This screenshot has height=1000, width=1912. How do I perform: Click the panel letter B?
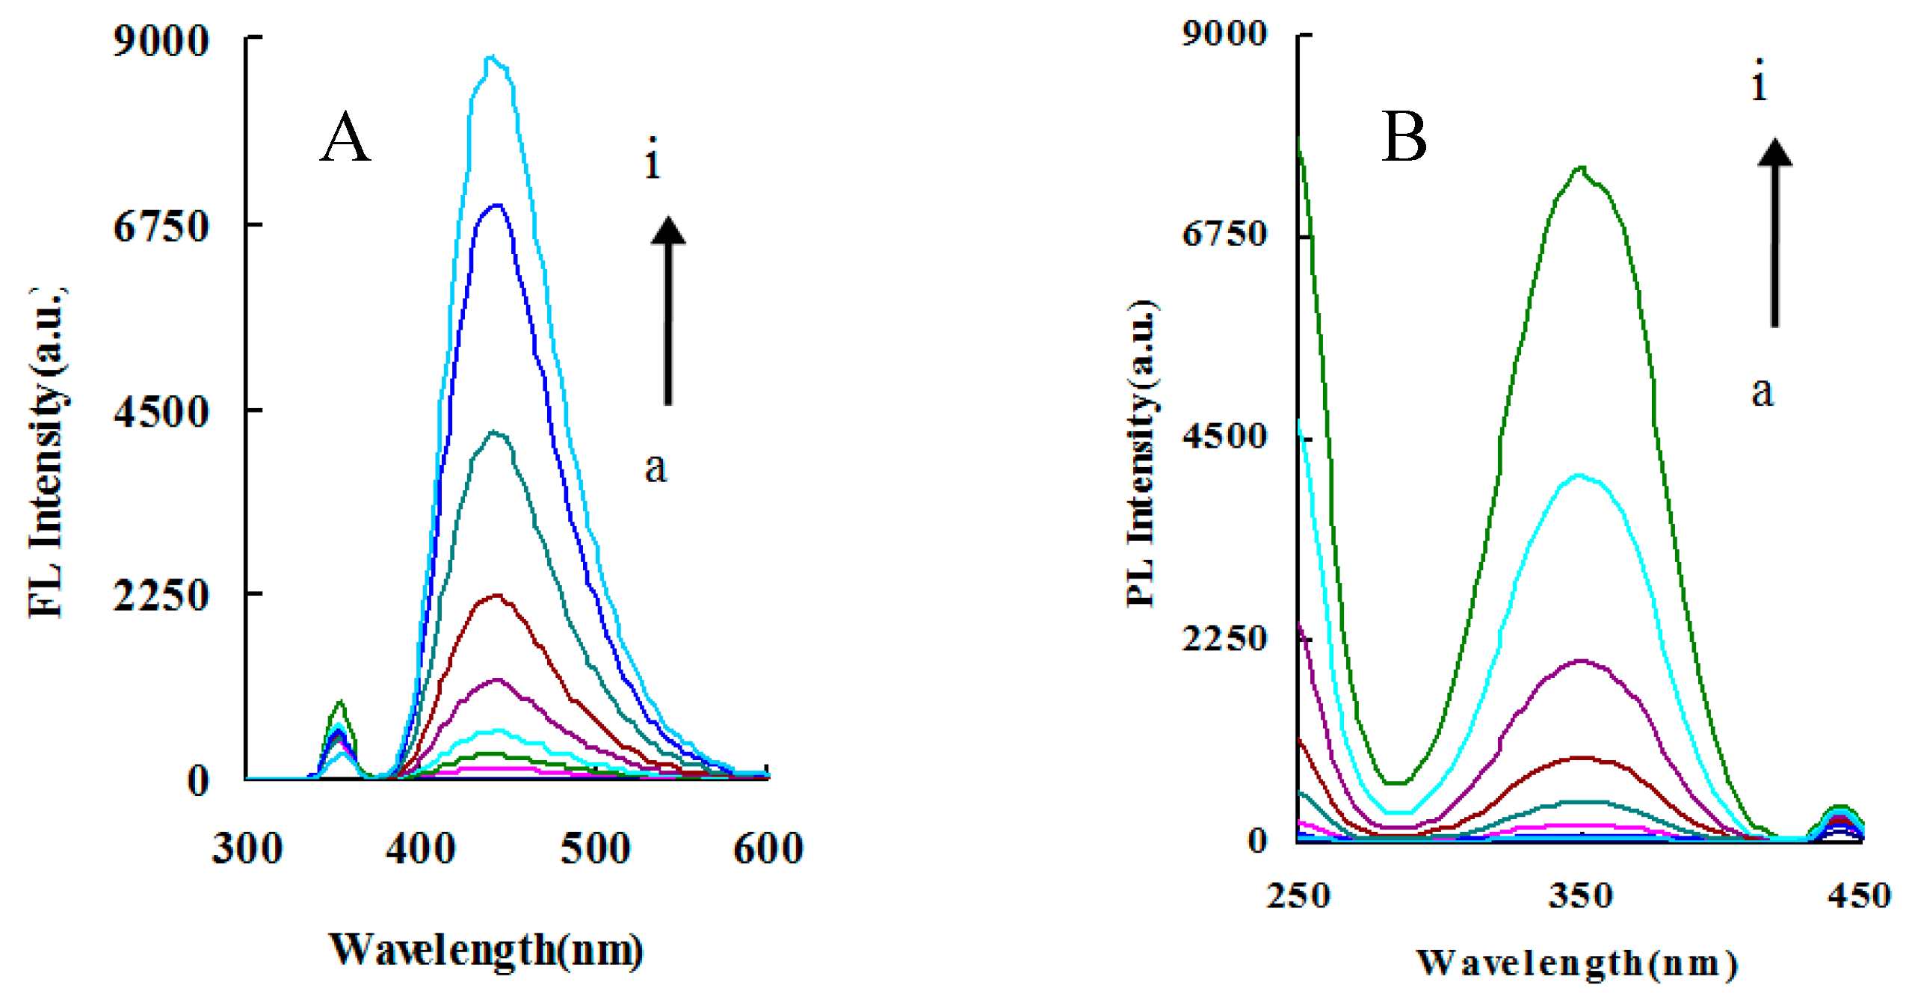pos(1404,138)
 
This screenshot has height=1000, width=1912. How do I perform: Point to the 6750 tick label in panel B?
pos(1224,234)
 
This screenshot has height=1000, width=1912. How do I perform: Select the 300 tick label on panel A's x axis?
pos(247,849)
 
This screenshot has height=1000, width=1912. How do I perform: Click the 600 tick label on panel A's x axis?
pos(768,849)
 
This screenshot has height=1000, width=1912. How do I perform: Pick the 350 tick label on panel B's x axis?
pos(1580,895)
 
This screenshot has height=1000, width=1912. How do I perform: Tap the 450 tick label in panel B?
pos(1859,895)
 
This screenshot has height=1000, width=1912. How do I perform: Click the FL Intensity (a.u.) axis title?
pos(46,452)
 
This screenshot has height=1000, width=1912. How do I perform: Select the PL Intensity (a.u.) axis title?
pos(1142,452)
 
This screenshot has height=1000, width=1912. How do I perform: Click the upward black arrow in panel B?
pos(1774,232)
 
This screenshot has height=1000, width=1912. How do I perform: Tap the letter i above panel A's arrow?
pos(653,158)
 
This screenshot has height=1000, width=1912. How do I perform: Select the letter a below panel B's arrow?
pos(1762,392)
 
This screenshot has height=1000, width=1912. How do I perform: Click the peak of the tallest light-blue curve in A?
pos(491,58)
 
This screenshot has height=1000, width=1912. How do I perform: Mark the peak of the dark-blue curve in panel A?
pos(496,205)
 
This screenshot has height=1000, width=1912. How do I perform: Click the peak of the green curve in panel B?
pos(1580,168)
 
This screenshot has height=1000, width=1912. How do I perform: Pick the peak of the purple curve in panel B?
pos(1580,661)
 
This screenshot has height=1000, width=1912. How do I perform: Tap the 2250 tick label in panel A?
pos(161,596)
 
